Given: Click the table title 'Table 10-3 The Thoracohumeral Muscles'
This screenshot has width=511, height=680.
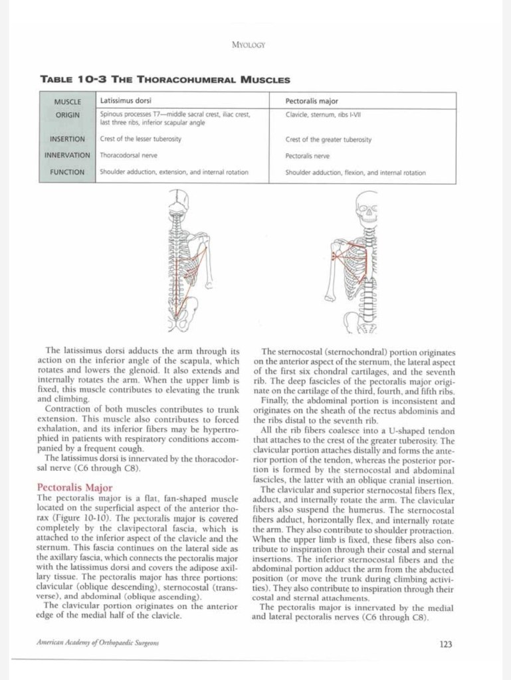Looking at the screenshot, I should coord(165,80).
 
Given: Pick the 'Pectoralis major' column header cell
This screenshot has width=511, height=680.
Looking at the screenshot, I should coord(312,101).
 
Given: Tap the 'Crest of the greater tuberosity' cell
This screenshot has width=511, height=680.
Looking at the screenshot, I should coord(328,139).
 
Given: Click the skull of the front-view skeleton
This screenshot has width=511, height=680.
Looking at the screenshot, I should coord(365,206).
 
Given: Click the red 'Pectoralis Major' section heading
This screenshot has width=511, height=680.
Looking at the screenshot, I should coord(75,487).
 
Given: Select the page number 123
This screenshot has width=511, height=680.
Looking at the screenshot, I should coord(446,643).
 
